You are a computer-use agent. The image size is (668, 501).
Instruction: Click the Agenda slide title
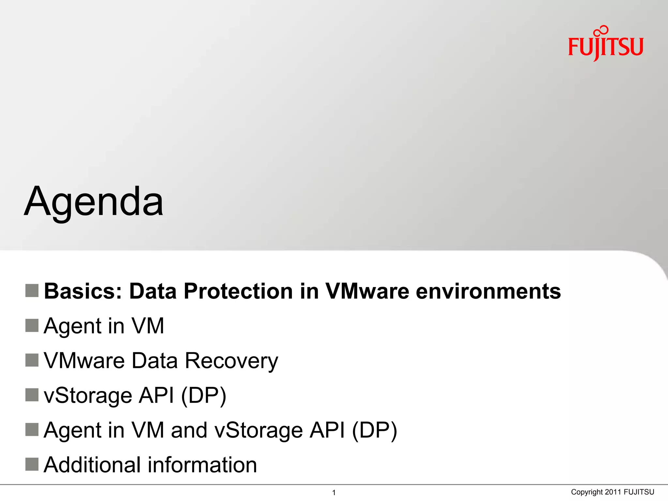coord(94,202)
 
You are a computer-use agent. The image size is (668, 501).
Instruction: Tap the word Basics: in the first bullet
coord(83,291)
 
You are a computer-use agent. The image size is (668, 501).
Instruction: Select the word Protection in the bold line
coord(238,291)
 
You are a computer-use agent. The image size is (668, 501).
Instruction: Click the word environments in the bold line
coord(488,291)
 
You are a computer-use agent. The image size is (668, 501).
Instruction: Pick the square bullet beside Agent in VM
coord(32,325)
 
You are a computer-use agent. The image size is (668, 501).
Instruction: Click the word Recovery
coord(232,361)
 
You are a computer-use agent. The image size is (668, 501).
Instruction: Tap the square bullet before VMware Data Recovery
coord(32,360)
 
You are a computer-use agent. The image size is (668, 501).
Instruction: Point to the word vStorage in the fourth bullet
coord(88,396)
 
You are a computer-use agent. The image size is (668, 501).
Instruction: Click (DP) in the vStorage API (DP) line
coord(203,396)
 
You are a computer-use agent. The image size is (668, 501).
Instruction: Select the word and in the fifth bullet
coord(189,430)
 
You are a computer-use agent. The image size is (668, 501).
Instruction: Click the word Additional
coord(93,465)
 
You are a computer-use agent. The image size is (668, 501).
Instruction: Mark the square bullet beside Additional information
coord(32,464)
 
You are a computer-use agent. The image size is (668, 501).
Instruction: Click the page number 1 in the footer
coord(334,493)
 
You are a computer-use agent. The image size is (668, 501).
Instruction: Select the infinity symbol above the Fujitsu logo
coord(601,31)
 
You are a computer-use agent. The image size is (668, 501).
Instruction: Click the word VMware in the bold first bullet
coord(367,291)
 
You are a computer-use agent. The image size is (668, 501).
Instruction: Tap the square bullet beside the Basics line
coord(32,290)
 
